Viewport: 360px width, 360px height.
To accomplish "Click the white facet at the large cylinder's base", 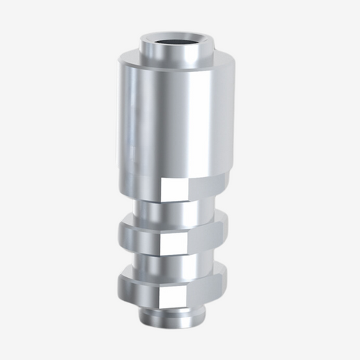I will tap(175, 189).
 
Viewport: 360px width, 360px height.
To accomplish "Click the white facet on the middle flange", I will tap(174, 240).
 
